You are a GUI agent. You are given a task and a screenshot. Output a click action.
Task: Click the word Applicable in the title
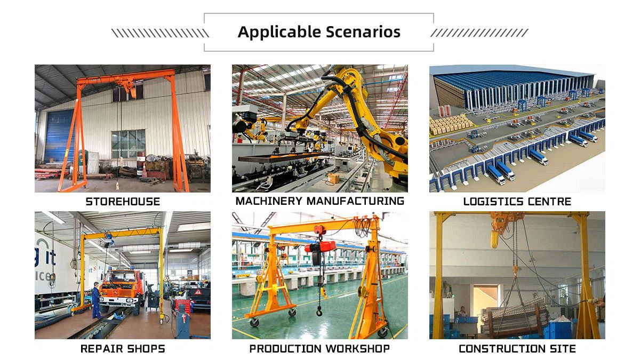[x=273, y=32]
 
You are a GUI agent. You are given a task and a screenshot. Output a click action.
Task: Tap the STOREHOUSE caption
[x=123, y=202]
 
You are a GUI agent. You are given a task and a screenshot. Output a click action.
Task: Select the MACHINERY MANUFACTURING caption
[x=319, y=201]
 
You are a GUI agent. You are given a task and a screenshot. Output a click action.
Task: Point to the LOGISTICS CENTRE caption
[x=517, y=202]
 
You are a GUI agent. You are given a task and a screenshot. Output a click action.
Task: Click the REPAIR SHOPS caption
[x=123, y=349]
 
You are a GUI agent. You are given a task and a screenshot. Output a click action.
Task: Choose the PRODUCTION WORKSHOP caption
[x=319, y=349]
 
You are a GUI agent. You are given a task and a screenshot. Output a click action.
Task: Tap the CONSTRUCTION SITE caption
[x=517, y=349]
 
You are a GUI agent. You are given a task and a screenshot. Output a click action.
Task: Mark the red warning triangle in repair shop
[x=198, y=292]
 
